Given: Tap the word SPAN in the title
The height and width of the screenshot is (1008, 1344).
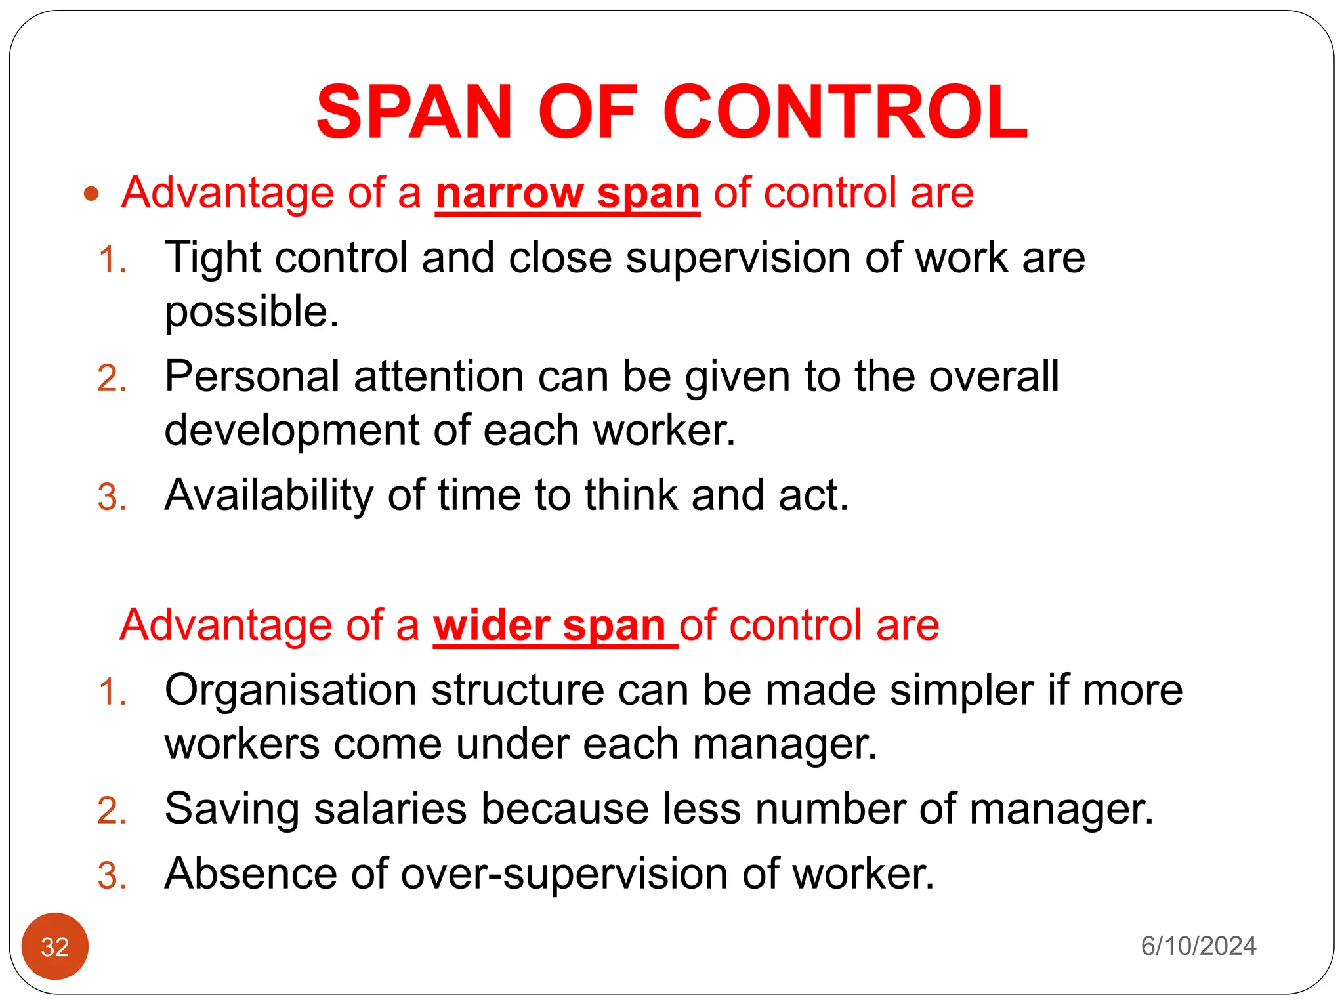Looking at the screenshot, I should [x=413, y=112].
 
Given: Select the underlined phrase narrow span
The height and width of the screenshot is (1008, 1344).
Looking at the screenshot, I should [x=567, y=194].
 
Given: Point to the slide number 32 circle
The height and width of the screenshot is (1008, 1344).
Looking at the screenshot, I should [x=55, y=946].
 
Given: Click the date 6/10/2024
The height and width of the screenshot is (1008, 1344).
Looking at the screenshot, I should [x=1198, y=946].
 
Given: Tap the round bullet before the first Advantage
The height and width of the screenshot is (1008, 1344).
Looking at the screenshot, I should [x=91, y=194].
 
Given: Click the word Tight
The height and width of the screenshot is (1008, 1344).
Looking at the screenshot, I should [x=213, y=258].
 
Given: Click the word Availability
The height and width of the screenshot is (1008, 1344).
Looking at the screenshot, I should [x=268, y=495].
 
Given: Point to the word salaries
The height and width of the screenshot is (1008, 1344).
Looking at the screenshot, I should [x=390, y=808].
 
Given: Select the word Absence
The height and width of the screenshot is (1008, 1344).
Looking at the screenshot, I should [x=250, y=874].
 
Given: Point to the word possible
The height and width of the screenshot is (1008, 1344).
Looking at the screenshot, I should [x=251, y=312].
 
